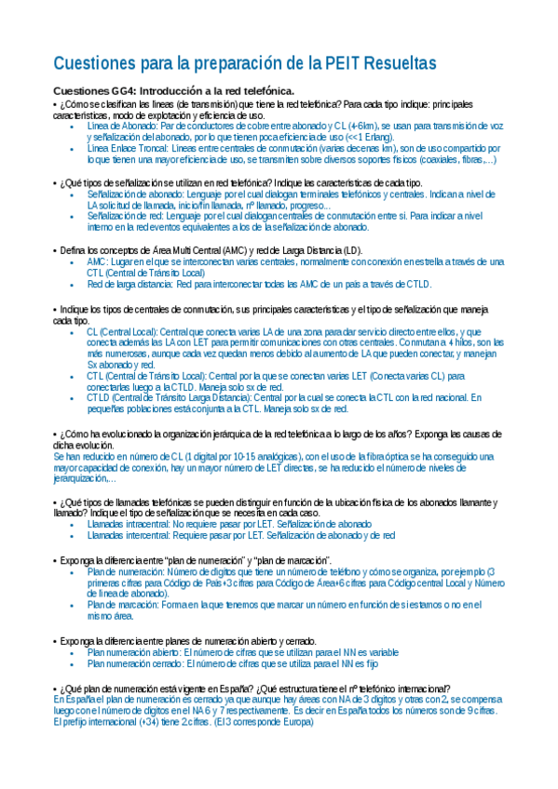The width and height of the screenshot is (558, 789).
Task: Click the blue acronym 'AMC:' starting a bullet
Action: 97,263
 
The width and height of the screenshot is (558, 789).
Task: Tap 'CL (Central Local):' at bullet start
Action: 122,331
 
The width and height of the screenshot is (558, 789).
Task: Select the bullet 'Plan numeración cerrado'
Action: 136,664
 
